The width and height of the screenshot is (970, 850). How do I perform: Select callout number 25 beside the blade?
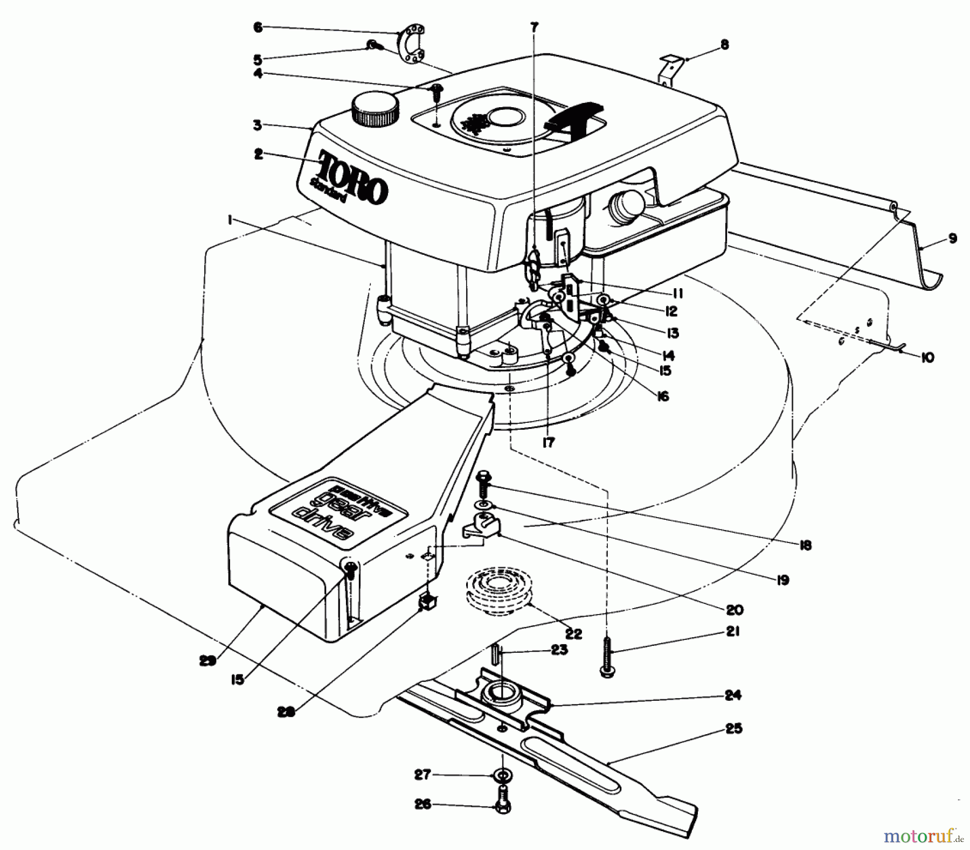point(735,729)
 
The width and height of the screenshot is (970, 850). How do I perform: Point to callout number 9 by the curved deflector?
point(952,238)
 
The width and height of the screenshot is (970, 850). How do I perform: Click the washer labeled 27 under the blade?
point(503,776)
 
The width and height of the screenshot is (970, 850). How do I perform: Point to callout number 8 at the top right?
point(724,45)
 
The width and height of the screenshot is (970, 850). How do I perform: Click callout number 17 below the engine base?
point(548,443)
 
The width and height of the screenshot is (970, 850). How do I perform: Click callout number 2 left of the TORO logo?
point(258,154)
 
